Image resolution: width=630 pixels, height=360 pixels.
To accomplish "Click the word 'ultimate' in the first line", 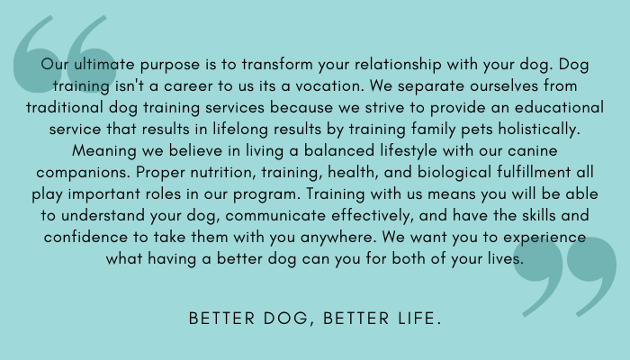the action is [104, 64].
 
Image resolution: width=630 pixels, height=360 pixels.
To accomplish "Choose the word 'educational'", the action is [559, 108].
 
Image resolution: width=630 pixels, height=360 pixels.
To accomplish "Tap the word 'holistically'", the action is [539, 130].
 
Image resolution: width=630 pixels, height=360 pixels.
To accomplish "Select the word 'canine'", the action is [533, 151].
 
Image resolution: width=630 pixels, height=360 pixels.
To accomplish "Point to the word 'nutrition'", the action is [223, 173].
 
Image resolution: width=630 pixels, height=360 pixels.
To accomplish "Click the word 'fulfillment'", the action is [534, 173].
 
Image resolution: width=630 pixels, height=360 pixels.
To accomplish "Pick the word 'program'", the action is [266, 195].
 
